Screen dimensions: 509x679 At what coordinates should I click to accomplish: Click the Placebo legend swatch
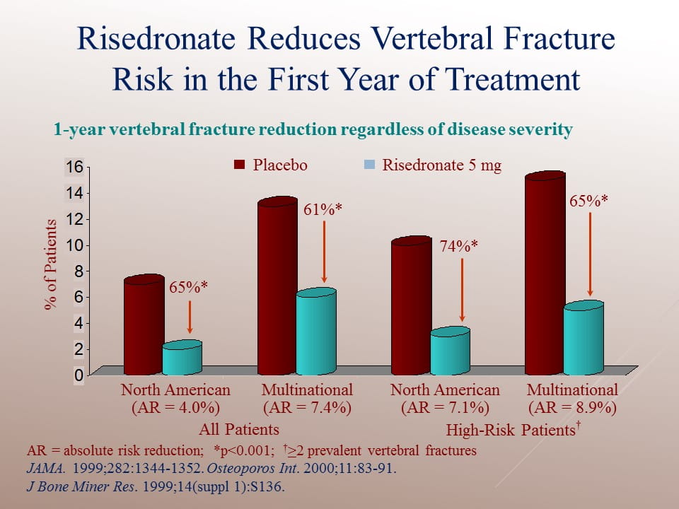(239, 165)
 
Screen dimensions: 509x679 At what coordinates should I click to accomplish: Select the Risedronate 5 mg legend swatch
(368, 165)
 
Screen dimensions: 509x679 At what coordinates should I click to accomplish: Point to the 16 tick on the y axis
(75, 167)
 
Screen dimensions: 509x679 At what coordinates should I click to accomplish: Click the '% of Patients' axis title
(50, 264)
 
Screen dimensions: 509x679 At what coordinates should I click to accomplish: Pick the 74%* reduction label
(460, 246)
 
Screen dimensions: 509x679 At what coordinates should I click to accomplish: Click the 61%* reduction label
(323, 209)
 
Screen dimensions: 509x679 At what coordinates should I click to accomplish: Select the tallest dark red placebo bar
(545, 276)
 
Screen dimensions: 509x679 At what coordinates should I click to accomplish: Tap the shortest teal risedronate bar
(182, 359)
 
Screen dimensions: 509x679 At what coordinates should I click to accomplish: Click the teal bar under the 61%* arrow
(315, 332)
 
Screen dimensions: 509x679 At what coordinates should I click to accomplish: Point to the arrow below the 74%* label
(461, 290)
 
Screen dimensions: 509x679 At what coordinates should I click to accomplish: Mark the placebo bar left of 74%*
(411, 308)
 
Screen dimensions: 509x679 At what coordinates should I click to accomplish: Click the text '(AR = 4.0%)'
(175, 407)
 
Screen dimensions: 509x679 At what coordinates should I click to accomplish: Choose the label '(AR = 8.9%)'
(572, 407)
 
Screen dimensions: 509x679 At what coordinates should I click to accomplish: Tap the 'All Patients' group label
(239, 429)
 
